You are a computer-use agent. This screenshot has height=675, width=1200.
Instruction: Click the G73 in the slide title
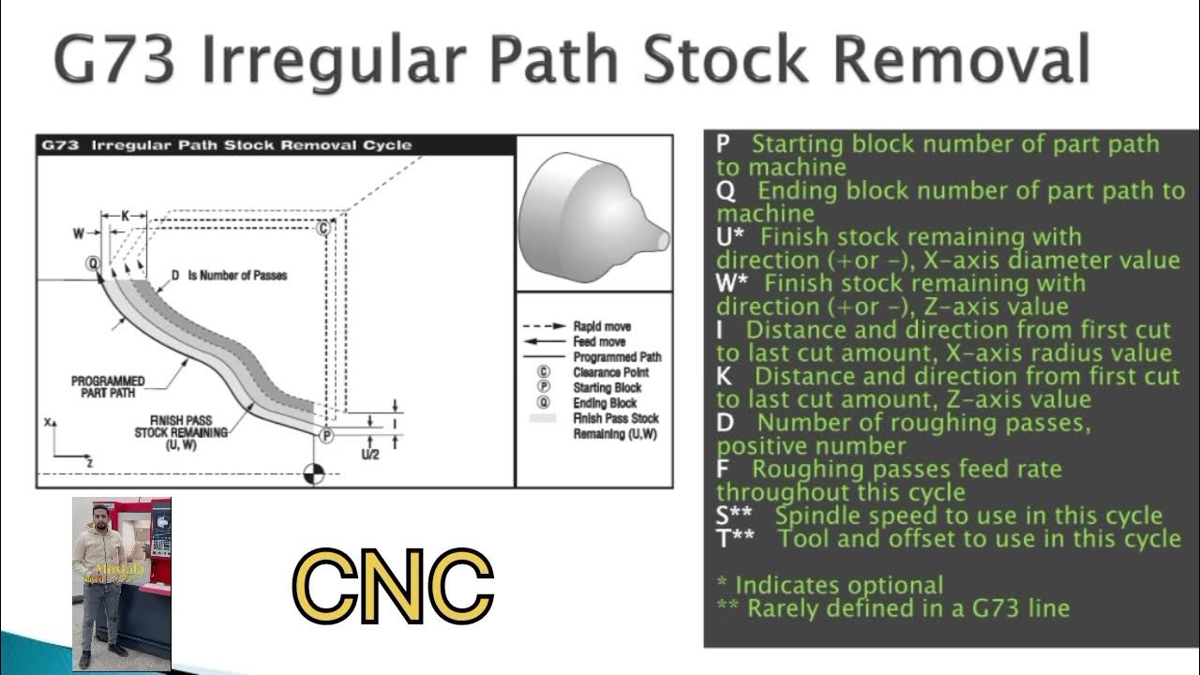tap(112, 60)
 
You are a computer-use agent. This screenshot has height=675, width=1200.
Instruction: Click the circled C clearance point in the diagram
tap(323, 228)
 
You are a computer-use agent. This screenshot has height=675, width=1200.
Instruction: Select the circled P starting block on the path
tap(326, 435)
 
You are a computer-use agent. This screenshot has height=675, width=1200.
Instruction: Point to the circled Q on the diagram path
tap(93, 263)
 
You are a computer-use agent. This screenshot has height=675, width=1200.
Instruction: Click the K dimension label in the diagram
tap(126, 216)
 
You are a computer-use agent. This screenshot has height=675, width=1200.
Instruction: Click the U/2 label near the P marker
tap(369, 455)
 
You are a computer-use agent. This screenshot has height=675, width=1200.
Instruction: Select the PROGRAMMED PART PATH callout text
tap(108, 387)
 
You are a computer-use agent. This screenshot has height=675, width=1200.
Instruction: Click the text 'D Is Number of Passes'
tap(228, 276)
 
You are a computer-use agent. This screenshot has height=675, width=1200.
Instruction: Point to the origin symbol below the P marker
tap(314, 473)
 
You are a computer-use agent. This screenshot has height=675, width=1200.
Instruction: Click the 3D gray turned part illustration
tap(592, 216)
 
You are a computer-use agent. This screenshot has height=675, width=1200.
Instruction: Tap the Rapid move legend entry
tap(601, 326)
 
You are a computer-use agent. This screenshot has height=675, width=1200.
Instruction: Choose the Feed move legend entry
tap(599, 342)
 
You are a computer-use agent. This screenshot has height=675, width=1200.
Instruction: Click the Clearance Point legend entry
tap(610, 372)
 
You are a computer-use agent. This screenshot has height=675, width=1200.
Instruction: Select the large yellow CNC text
tap(393, 587)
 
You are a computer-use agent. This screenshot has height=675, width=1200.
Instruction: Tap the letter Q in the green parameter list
tap(724, 191)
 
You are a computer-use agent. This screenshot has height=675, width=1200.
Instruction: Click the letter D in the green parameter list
tap(725, 423)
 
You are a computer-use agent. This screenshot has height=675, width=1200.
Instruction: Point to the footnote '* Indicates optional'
tap(830, 585)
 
